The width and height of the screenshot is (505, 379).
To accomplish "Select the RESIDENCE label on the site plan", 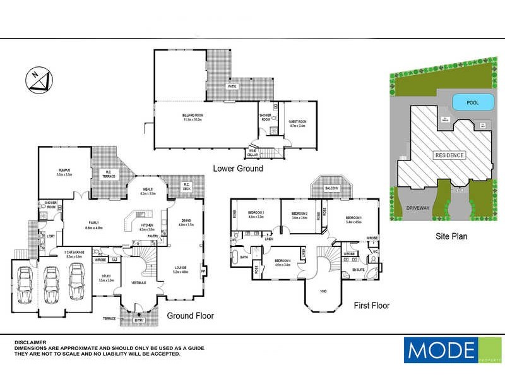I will coord(449,155).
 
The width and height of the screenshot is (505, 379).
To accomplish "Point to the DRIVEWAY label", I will coord(417,207).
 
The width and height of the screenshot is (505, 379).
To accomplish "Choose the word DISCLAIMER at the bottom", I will coord(32,341).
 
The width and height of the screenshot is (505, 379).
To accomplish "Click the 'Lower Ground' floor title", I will coord(238,169).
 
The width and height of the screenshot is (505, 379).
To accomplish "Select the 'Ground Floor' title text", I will coord(190,315).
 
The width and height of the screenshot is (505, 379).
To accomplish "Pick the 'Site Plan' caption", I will coord(451,238).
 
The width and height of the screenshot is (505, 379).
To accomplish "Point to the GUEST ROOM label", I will coord(297,124).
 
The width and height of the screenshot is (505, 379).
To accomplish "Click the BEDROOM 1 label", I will coord(353,219).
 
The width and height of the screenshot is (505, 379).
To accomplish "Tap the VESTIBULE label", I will coord(138,282).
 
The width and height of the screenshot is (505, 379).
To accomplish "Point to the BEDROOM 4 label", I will coord(282,261).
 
